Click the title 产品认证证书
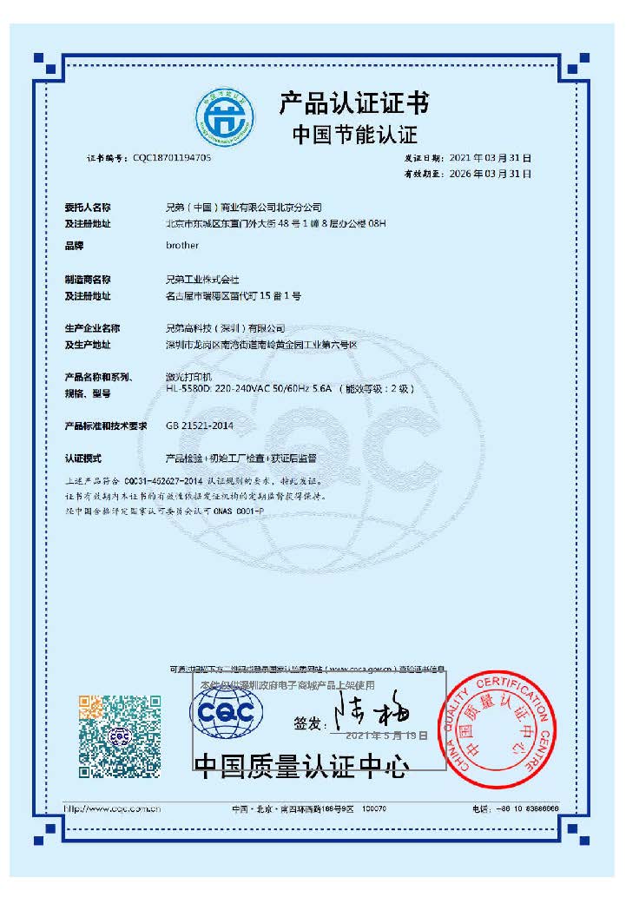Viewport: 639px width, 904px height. [x=353, y=104]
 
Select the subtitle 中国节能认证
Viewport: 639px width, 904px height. [x=353, y=135]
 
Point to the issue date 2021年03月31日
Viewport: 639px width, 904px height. [x=491, y=159]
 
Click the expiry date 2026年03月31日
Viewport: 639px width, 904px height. [x=491, y=174]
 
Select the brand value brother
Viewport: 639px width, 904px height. [x=182, y=246]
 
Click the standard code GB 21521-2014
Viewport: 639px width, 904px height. [x=200, y=426]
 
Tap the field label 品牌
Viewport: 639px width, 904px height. [x=74, y=246]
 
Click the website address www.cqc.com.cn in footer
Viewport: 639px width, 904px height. [x=114, y=808]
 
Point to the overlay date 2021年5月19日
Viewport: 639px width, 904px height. [x=387, y=735]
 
